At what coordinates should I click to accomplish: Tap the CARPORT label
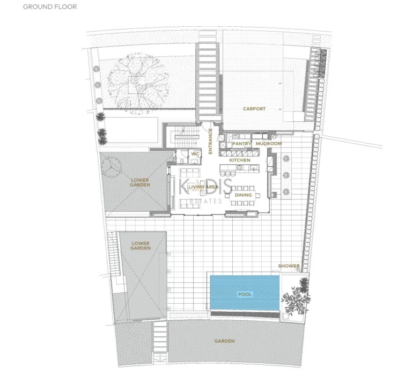click(x=254, y=109)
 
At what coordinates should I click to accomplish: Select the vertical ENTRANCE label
click(x=211, y=141)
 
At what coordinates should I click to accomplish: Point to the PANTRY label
click(x=242, y=144)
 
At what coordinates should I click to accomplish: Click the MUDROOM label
click(x=268, y=144)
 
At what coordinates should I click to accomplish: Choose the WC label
click(x=196, y=153)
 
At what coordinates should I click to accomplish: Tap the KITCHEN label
click(x=240, y=160)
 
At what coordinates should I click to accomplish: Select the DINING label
click(x=243, y=195)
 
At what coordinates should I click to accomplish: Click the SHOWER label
click(x=289, y=266)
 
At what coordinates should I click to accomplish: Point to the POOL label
click(x=245, y=294)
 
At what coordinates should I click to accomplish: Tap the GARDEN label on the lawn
click(x=225, y=341)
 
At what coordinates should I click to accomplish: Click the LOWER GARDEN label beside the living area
click(x=139, y=182)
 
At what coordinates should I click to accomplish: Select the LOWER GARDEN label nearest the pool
click(x=141, y=245)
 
